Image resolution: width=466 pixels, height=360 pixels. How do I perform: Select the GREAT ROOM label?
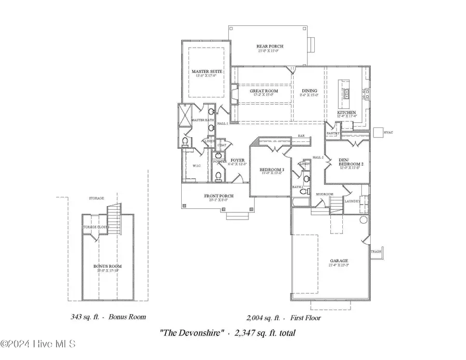263,91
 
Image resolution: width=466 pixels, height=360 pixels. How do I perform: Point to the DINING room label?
309,91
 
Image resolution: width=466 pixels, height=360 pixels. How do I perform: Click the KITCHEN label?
346,112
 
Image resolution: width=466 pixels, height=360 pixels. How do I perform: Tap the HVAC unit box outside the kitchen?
378,132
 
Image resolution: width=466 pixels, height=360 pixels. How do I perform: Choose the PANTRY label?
332,133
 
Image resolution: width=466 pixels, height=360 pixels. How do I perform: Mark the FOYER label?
238,161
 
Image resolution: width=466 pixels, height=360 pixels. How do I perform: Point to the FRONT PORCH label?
219,196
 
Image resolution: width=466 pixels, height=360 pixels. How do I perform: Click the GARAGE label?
339,261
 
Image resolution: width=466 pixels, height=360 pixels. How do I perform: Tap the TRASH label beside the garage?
376,252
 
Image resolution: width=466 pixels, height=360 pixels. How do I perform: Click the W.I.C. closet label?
197,166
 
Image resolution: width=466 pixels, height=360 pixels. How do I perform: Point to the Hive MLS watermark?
39,344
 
